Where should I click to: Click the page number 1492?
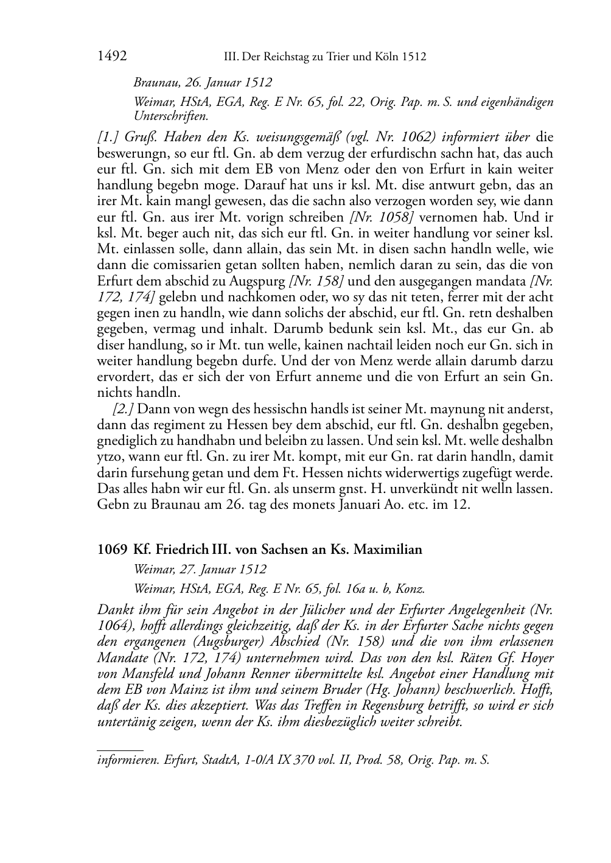click(112, 57)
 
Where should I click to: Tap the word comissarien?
click(173, 265)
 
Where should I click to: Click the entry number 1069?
click(112, 550)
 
